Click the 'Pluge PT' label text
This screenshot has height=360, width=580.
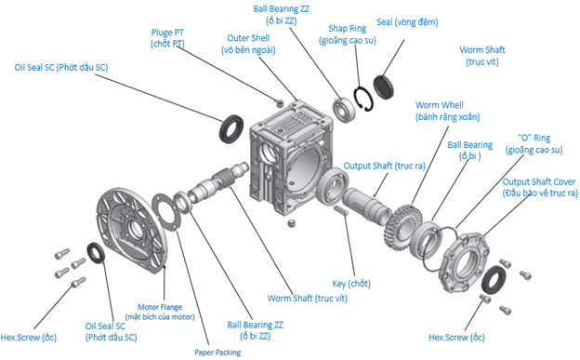[x=167, y=33]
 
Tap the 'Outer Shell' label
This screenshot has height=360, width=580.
[x=248, y=38]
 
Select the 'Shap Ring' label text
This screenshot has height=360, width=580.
[x=348, y=29]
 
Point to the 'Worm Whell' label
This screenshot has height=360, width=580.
[x=439, y=105]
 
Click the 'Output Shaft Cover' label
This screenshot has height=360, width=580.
[x=538, y=181]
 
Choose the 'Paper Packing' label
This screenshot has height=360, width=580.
[x=217, y=353]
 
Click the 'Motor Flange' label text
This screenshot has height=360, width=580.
[x=160, y=307]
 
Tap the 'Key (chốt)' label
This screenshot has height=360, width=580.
[x=351, y=284]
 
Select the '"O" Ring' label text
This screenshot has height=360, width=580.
[x=534, y=139]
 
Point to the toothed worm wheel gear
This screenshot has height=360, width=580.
[x=402, y=227]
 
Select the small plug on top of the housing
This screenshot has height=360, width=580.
[x=280, y=103]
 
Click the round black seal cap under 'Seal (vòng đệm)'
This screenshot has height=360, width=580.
[x=383, y=87]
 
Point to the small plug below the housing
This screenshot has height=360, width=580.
[x=292, y=223]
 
